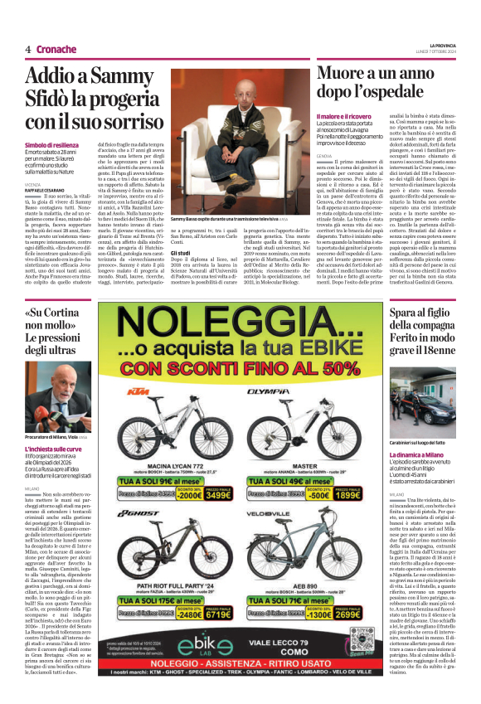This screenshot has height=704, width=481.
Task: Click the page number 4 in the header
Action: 27,49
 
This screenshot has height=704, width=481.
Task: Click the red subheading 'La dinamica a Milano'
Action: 420,455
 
